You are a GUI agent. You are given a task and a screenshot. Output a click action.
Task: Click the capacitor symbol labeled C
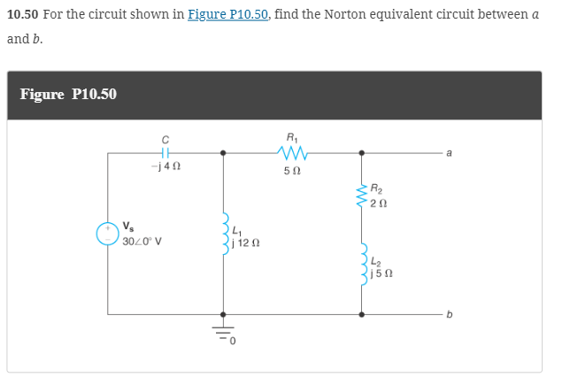165,153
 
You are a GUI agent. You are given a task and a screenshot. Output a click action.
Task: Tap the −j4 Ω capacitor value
165,167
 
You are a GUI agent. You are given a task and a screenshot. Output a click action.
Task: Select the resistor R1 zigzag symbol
292,153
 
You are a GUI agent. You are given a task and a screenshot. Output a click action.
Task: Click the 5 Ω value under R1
292,170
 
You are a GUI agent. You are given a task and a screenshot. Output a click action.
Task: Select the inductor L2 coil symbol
362,266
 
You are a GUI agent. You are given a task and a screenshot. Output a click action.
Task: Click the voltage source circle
108,233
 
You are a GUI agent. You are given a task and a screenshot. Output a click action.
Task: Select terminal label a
450,153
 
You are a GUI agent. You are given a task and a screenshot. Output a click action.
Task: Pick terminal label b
450,313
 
